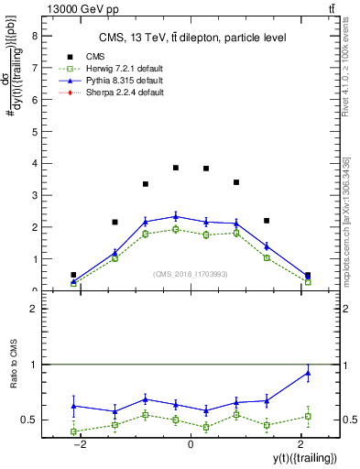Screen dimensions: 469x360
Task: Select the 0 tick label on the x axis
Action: tap(191, 442)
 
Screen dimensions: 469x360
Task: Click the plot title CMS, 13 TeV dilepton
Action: tap(192, 38)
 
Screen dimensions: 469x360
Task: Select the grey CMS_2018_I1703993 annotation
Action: tap(191, 273)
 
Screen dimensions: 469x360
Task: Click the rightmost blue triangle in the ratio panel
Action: tap(308, 372)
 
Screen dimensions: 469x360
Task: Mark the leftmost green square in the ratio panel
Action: tap(73, 431)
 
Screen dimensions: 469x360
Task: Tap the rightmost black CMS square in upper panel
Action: tap(308, 275)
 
